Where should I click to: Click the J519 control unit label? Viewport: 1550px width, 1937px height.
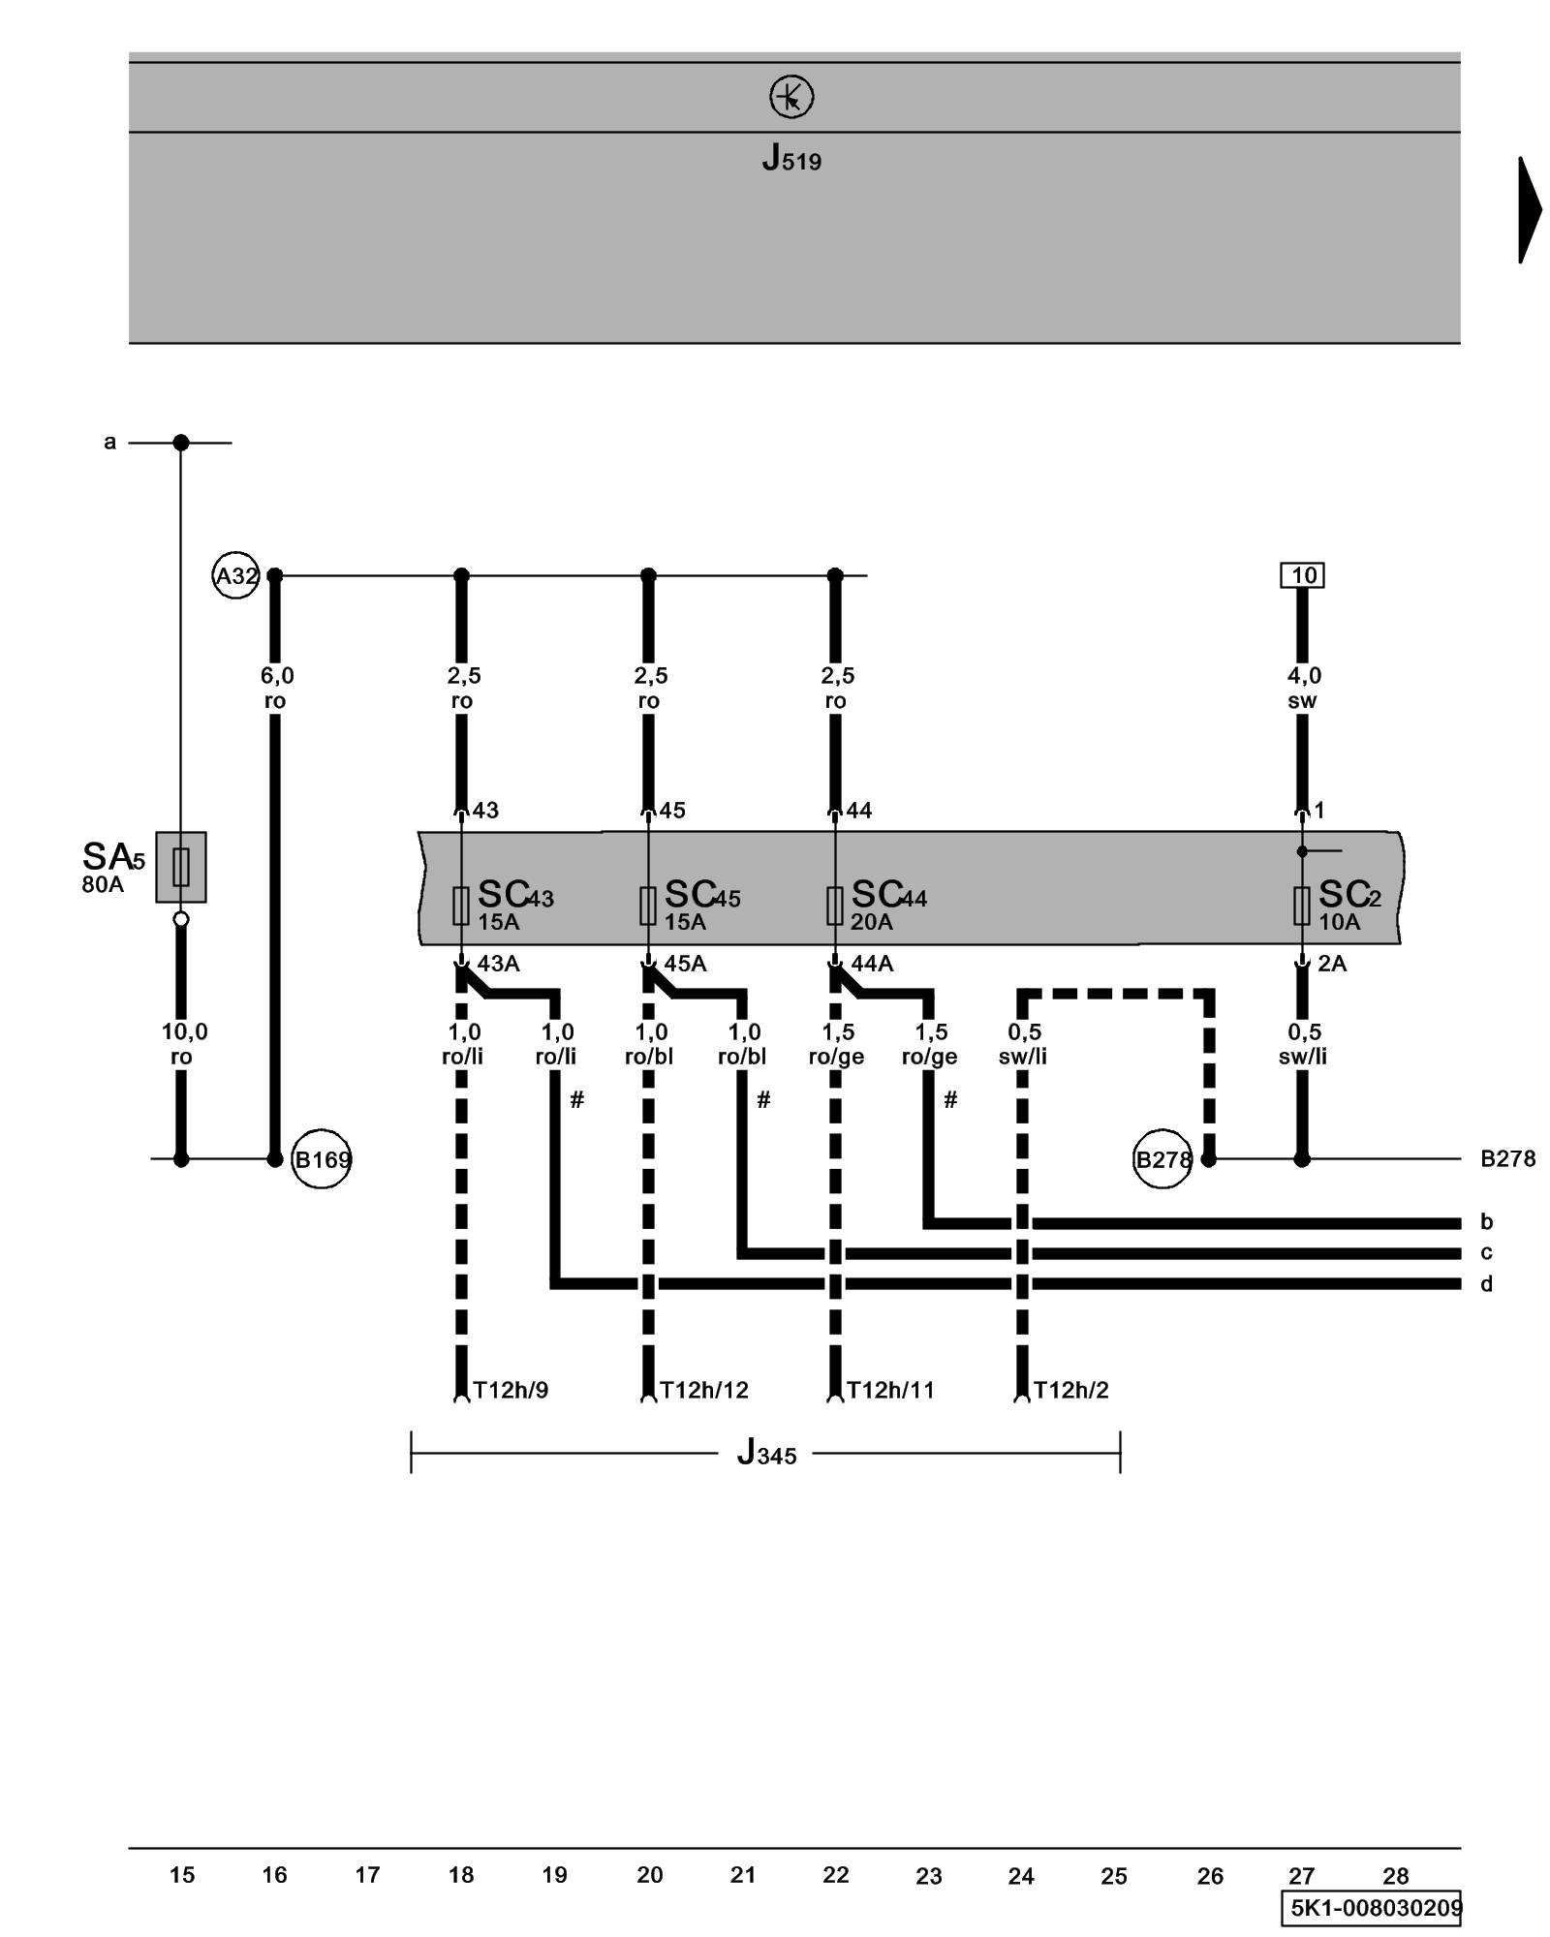(x=791, y=157)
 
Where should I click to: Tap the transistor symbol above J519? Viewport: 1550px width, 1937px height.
(x=791, y=97)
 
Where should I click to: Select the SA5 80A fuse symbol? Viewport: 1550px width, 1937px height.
(x=181, y=867)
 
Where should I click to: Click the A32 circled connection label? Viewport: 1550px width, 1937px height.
(x=235, y=576)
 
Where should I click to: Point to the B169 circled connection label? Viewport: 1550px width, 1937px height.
(x=322, y=1159)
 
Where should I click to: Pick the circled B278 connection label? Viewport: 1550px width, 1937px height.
(x=1162, y=1159)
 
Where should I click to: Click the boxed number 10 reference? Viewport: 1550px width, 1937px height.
(x=1302, y=575)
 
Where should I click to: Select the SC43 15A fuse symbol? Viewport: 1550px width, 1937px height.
(x=461, y=906)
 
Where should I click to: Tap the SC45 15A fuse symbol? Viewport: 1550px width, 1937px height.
(x=648, y=906)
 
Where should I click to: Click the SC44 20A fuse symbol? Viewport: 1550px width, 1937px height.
(x=835, y=906)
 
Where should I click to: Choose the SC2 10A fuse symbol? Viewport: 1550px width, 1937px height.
(x=1302, y=906)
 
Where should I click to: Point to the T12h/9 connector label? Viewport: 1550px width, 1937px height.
(x=511, y=1391)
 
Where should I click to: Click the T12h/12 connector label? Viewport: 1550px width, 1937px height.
(x=704, y=1391)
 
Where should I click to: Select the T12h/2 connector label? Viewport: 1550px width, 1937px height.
(x=1071, y=1391)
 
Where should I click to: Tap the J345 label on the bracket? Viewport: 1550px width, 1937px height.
(x=766, y=1454)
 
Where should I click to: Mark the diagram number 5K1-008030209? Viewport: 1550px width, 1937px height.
(x=1375, y=1907)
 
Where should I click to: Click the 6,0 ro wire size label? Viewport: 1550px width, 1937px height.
(x=276, y=688)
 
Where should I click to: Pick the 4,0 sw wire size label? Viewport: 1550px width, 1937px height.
(x=1303, y=688)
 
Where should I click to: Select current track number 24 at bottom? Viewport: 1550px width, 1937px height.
(x=1021, y=1876)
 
